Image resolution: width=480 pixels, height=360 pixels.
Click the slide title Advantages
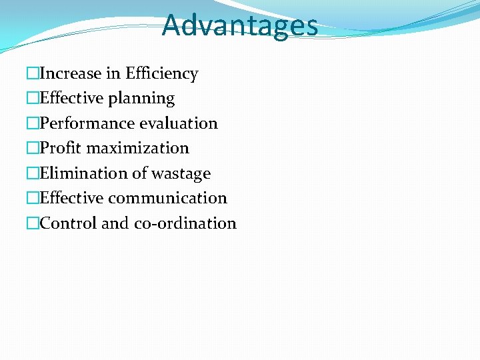coord(239,25)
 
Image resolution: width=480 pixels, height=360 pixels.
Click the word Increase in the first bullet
coord(69,73)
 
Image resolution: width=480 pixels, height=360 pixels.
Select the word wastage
coord(181,173)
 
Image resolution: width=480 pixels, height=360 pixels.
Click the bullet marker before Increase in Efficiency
coord(33,73)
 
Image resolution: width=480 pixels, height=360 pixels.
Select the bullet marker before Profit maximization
coord(33,148)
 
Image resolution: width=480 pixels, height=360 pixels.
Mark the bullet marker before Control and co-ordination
coord(33,223)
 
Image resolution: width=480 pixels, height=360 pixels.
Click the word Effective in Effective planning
coord(72,99)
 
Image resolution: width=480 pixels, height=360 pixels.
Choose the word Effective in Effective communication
coord(72,198)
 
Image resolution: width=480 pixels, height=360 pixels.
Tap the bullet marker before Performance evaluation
coord(33,123)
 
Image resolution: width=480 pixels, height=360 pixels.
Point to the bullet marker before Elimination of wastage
coord(33,173)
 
